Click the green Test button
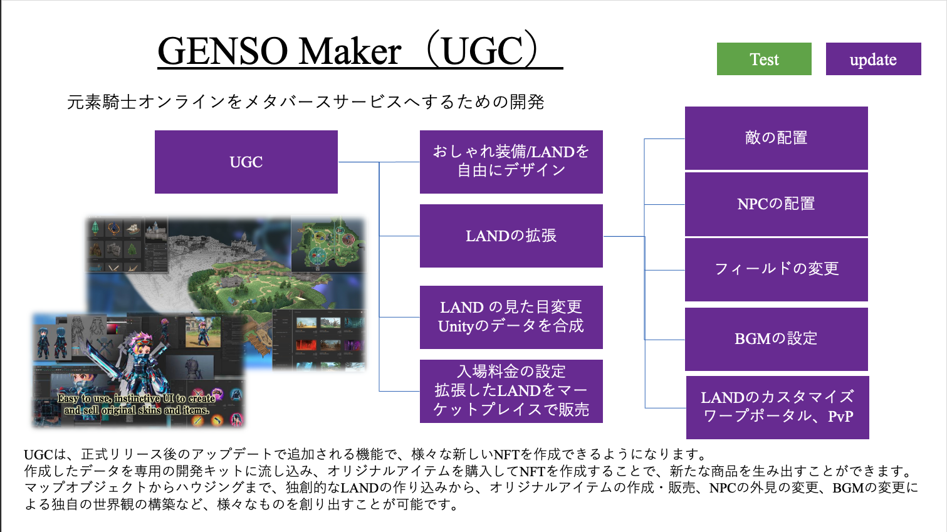[x=764, y=59]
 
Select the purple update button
[x=874, y=59]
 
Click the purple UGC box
[x=246, y=162]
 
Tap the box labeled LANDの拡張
[x=511, y=236]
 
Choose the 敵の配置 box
[x=776, y=138]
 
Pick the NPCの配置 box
[x=776, y=204]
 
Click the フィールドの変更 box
[x=776, y=269]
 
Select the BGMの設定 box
[x=776, y=339]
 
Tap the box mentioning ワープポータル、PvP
[x=778, y=407]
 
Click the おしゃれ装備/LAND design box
[x=511, y=162]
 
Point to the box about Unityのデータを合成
[x=511, y=317]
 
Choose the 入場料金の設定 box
[x=511, y=391]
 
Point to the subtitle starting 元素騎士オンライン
[x=305, y=102]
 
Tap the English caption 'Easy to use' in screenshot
[x=137, y=404]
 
